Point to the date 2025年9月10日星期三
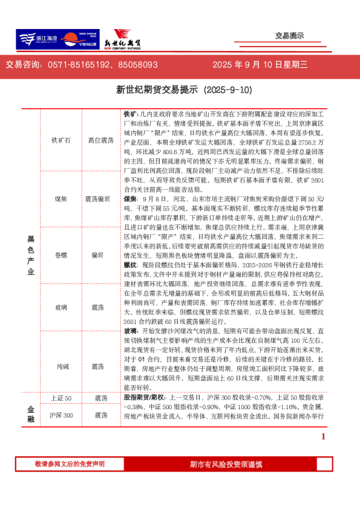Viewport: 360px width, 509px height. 260,64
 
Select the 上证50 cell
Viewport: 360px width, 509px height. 61,398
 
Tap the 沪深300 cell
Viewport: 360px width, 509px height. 61,415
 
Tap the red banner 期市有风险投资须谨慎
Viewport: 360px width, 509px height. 225,464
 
